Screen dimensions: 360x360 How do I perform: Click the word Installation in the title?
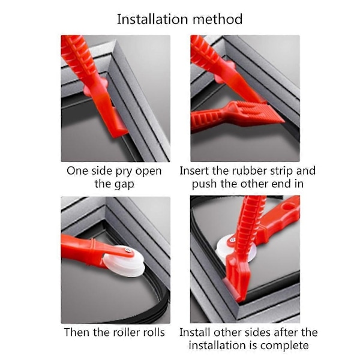(x=153, y=19)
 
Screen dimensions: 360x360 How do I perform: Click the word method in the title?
(x=218, y=19)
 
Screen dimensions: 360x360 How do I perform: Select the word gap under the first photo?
(x=124, y=185)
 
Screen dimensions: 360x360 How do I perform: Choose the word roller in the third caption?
(x=125, y=332)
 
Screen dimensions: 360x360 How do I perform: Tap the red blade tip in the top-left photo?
(x=119, y=131)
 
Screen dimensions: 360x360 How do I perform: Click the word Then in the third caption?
(x=77, y=332)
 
